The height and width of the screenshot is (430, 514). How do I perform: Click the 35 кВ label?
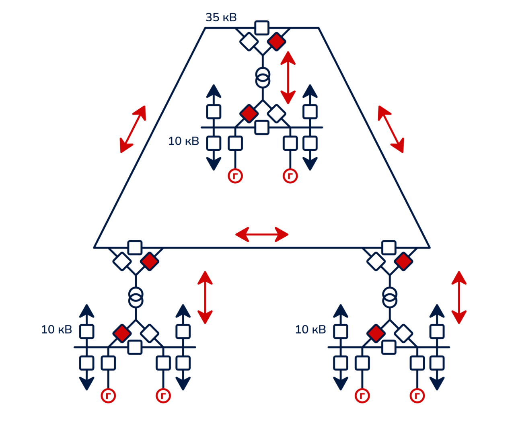click(221, 17)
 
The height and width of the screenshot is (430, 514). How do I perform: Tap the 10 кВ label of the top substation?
click(183, 141)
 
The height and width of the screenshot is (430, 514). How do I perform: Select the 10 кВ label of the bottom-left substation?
click(57, 330)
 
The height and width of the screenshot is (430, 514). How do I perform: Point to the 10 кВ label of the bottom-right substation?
click(310, 330)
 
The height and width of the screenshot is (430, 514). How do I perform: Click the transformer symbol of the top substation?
click(263, 78)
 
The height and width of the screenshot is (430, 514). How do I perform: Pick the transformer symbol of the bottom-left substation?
click(136, 297)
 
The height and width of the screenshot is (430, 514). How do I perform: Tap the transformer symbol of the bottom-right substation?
click(390, 297)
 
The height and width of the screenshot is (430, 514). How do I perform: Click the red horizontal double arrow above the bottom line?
click(262, 234)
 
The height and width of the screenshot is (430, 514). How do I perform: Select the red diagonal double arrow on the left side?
click(133, 129)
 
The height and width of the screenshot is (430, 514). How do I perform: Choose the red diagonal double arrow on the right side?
click(391, 129)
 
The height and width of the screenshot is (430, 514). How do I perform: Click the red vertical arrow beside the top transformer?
click(288, 78)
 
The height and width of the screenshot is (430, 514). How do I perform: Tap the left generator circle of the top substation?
click(235, 176)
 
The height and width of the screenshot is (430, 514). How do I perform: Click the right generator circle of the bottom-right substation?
click(417, 396)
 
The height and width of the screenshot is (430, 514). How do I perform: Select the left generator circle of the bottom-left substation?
click(108, 396)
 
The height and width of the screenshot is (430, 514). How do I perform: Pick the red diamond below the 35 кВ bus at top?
click(277, 41)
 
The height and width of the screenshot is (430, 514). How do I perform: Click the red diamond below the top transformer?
click(249, 113)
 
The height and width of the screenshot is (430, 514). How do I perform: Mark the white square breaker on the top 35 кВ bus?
click(262, 28)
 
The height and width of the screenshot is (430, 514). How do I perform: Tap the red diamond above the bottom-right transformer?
click(403, 261)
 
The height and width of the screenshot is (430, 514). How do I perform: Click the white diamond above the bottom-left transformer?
click(121, 261)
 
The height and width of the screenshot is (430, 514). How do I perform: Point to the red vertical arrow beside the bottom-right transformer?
click(459, 297)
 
